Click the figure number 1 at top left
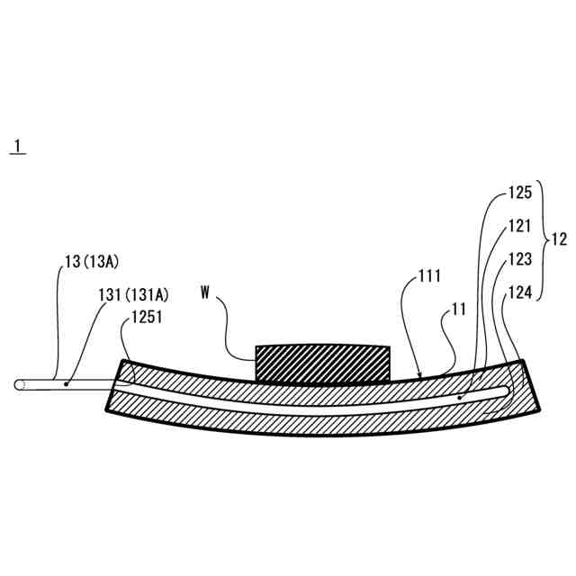click(x=16, y=145)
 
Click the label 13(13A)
click(x=93, y=262)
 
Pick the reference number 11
click(x=458, y=309)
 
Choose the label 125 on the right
click(x=519, y=192)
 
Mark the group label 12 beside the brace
click(x=559, y=240)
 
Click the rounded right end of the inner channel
click(x=510, y=387)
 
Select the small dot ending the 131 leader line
click(x=67, y=383)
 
